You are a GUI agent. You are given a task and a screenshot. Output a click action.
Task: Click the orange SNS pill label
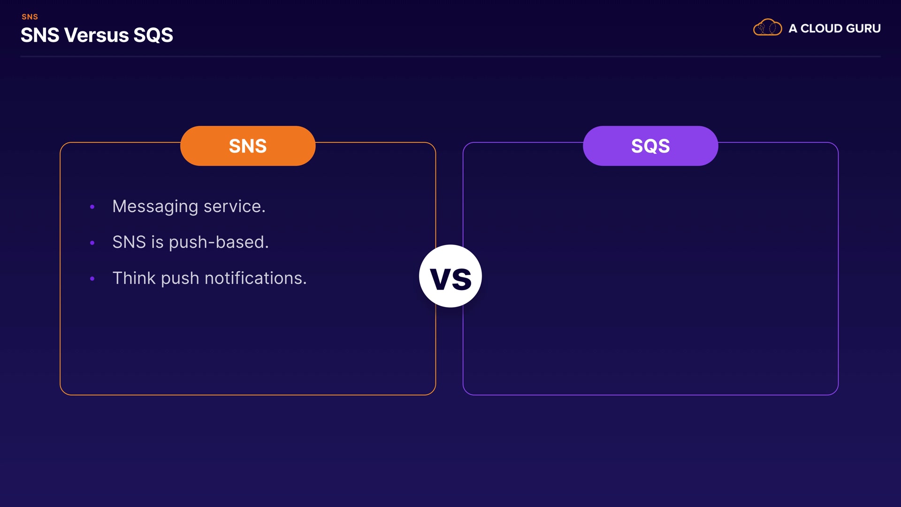[248, 146]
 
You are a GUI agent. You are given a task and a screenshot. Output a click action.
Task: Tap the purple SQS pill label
[650, 146]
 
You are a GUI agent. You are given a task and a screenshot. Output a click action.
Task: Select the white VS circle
[450, 276]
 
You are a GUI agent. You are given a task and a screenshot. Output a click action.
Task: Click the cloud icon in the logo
[767, 27]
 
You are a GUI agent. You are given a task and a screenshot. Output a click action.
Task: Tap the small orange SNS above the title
[30, 17]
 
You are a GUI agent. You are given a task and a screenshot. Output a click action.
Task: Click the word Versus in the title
[96, 35]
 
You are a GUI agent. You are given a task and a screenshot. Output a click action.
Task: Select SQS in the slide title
[153, 35]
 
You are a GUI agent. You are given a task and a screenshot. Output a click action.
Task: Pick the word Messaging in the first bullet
[155, 207]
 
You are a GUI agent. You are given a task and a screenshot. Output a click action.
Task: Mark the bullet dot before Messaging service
[92, 207]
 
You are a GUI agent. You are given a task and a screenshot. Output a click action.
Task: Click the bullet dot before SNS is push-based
[92, 243]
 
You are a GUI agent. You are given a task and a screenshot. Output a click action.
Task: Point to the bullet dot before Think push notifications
[92, 278]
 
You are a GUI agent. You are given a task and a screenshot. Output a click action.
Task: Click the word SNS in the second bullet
[129, 242]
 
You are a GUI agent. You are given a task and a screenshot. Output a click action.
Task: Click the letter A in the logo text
[793, 29]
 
